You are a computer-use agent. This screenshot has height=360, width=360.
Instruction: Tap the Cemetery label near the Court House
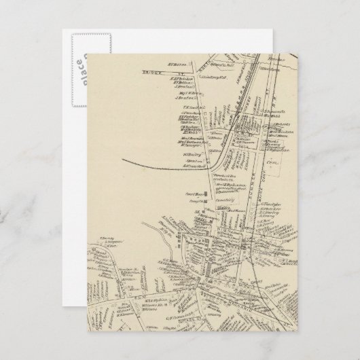pyautogui.click(x=227, y=200)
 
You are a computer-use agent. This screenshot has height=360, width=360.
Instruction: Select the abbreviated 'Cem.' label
pyautogui.click(x=272, y=154)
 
